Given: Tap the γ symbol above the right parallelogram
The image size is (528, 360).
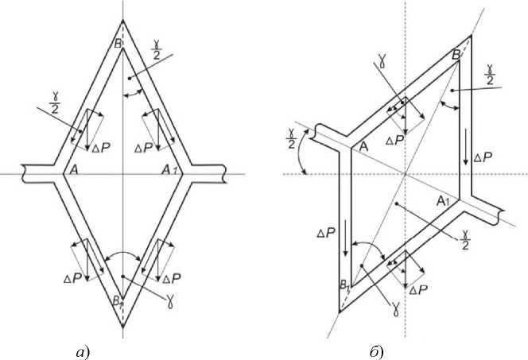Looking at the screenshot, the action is pos(382,59).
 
